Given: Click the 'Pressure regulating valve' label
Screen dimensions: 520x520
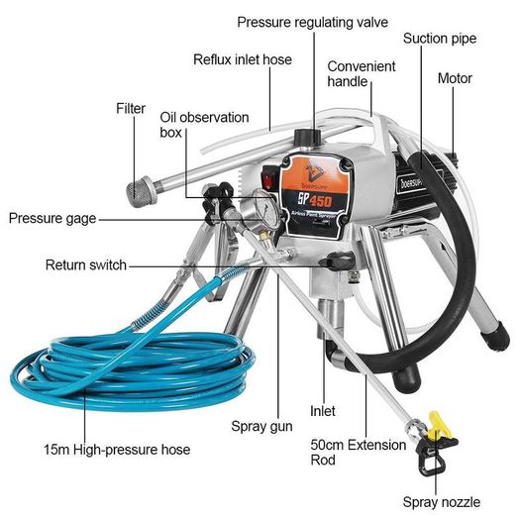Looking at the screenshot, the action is pos(312,22).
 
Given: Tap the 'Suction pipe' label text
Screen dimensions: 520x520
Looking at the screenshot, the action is pos(440,39).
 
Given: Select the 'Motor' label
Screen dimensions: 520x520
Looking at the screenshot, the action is pos(455,78).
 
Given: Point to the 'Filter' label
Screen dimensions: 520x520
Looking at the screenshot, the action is pos(131,108).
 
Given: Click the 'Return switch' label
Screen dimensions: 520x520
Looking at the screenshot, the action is pos(86,265).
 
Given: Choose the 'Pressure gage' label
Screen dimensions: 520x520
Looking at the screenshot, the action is pos(52,219).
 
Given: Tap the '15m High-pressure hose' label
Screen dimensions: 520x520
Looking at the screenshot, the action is pos(117,450).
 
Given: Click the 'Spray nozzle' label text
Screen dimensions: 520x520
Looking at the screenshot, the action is pos(442,502).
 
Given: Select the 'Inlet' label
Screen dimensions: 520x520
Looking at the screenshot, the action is pos(322,411).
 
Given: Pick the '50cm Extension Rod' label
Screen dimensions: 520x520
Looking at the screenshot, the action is pos(359,452).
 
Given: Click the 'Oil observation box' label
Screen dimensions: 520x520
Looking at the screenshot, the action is pos(204,125).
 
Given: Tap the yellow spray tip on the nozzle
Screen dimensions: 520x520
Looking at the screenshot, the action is pos(440,424).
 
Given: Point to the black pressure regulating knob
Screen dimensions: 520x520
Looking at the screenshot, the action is pos(307,138).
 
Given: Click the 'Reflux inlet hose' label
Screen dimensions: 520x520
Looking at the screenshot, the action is pos(243,60).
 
